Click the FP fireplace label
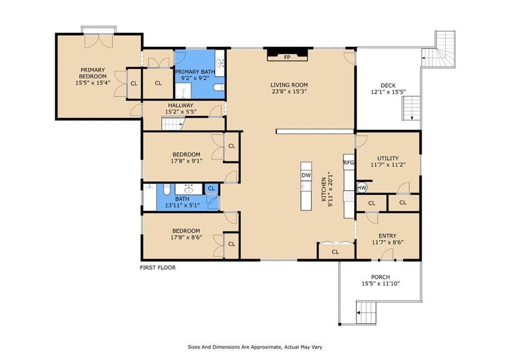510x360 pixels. click(x=287, y=58)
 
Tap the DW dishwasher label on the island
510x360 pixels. click(x=306, y=175)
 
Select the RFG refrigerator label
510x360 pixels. click(x=349, y=163)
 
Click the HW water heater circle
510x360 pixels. click(x=362, y=188)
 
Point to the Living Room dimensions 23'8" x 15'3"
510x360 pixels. click(x=289, y=92)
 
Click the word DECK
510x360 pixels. click(x=388, y=86)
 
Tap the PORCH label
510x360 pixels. click(x=381, y=277)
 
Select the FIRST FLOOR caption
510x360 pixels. click(x=158, y=268)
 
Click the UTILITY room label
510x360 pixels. click(x=387, y=158)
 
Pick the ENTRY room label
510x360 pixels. click(x=387, y=236)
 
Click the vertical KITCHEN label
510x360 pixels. click(x=324, y=189)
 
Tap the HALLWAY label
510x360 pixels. click(x=180, y=106)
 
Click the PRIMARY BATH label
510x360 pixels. click(x=195, y=72)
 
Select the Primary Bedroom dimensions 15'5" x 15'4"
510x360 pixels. click(x=93, y=83)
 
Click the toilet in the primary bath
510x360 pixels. click(x=219, y=87)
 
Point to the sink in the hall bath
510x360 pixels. click(x=189, y=189)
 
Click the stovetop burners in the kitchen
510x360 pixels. click(x=349, y=196)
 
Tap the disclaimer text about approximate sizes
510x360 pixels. click(x=255, y=347)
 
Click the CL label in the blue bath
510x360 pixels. click(x=211, y=188)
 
